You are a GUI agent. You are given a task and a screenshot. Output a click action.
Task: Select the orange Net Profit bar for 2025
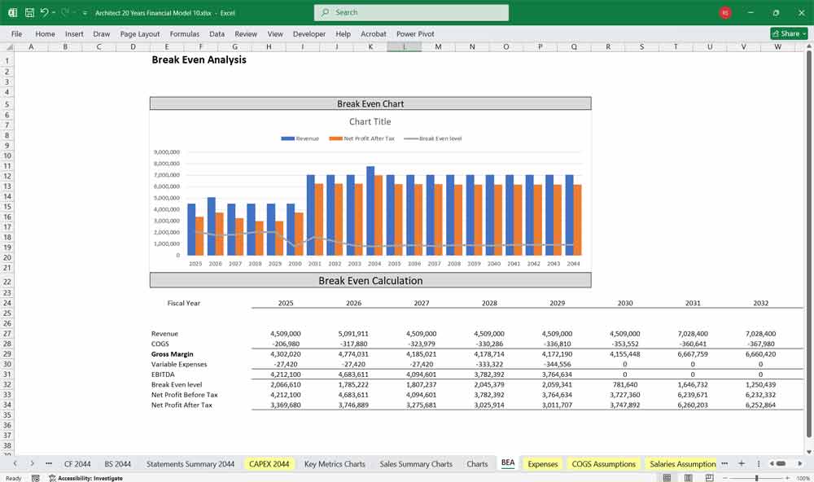[199, 236]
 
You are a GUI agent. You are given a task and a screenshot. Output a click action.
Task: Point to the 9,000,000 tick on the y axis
[166, 152]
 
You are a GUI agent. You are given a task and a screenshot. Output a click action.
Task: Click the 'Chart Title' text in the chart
[370, 121]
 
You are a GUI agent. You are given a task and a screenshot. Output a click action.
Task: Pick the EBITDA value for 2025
[286, 375]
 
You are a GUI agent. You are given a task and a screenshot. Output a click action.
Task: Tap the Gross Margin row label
[173, 354]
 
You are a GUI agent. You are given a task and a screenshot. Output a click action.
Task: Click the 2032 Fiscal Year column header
[760, 303]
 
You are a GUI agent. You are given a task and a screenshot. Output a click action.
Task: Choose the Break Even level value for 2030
[625, 384]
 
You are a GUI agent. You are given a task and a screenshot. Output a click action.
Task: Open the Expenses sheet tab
[543, 464]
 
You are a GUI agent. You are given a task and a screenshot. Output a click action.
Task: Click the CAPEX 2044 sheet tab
[269, 464]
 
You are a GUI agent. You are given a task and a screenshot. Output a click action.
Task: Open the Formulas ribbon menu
[185, 34]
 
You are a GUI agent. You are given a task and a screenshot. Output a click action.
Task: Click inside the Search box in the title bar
[411, 12]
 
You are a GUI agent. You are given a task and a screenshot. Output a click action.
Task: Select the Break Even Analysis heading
[199, 60]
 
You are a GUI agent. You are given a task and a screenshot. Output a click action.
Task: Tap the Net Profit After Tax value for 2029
[558, 405]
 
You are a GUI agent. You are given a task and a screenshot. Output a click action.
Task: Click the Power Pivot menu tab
[415, 34]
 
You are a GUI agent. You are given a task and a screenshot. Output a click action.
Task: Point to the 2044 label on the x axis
[573, 264]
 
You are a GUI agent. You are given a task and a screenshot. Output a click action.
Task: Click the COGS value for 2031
[693, 344]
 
